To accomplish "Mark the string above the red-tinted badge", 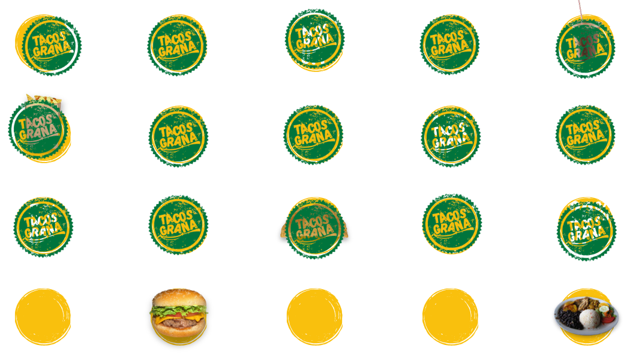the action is (580, 11).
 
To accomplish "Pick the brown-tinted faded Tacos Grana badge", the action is (312, 228).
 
